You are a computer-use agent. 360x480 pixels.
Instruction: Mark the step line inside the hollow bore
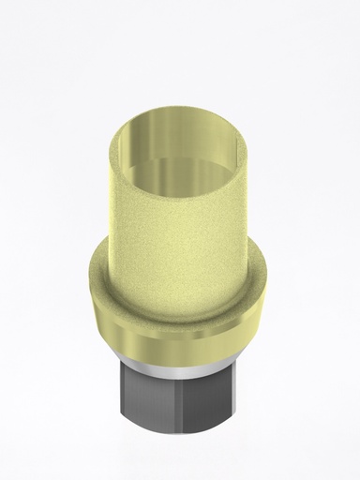180,165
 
